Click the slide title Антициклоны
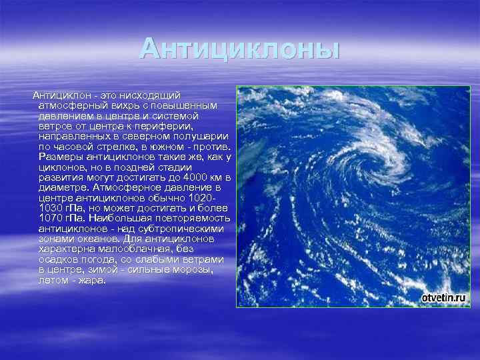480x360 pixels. [x=240, y=49]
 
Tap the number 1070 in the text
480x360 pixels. [x=53, y=218]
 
